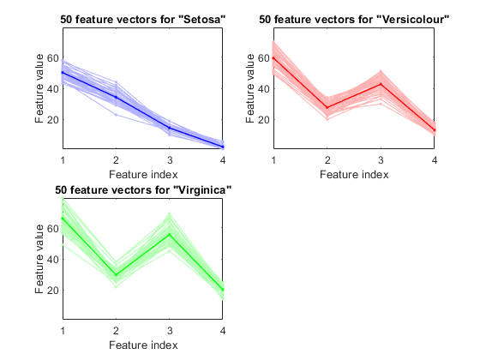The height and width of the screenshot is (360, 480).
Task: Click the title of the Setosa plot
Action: [x=142, y=20]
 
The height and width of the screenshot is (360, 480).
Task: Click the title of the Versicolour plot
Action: [x=354, y=20]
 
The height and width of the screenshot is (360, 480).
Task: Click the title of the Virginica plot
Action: [x=143, y=190]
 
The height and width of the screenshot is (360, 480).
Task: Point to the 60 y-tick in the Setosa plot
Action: [x=52, y=58]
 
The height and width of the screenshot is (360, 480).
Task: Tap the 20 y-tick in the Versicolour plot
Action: [x=264, y=119]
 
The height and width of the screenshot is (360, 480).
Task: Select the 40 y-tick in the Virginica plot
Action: [x=52, y=259]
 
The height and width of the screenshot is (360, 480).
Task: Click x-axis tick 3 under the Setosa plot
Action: [x=170, y=159]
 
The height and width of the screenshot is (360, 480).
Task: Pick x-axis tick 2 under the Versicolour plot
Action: [x=327, y=159]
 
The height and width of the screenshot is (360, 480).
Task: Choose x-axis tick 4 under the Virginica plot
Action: [x=223, y=331]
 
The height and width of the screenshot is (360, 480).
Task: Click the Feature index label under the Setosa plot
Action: [x=143, y=175]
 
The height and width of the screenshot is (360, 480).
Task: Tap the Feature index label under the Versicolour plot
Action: [x=354, y=175]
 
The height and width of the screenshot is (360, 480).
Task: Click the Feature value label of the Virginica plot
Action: [x=39, y=259]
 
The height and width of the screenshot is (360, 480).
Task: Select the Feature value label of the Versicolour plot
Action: [x=250, y=88]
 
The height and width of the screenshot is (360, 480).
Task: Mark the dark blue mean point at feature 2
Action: [x=116, y=97]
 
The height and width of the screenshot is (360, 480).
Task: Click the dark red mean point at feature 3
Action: [x=381, y=84]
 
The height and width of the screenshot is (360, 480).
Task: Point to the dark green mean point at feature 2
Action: [x=116, y=275]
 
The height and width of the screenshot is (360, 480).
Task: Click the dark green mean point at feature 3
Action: [x=170, y=235]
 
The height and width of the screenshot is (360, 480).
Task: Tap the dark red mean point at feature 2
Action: [x=327, y=107]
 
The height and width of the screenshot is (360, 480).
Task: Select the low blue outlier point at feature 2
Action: [x=116, y=115]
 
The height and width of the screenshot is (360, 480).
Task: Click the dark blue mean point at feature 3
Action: [x=170, y=128]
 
